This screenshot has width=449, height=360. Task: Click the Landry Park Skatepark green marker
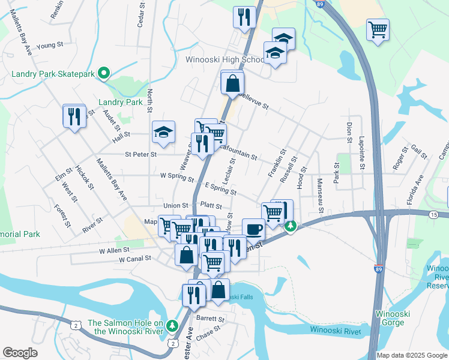[x=103, y=74]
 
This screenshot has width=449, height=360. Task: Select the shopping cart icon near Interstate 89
[x=378, y=29]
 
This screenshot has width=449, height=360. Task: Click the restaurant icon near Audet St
[x=74, y=115]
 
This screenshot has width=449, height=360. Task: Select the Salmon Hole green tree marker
[x=173, y=325]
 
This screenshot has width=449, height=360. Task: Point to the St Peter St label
[x=140, y=154]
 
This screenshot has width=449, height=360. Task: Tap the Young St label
[x=50, y=45]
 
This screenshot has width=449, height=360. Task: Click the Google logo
[x=20, y=353]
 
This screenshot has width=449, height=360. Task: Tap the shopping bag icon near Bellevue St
[x=232, y=83]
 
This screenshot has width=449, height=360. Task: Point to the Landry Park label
[x=121, y=103]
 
